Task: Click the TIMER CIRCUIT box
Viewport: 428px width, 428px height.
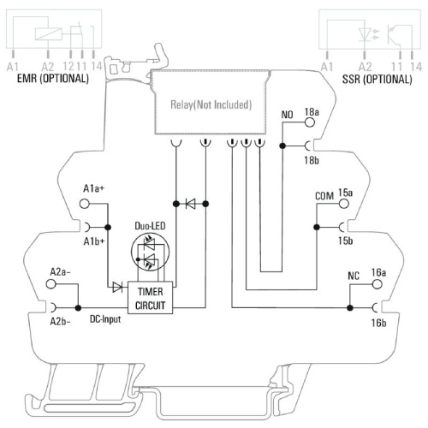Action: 150,298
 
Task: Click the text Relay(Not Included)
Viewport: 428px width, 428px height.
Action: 211,104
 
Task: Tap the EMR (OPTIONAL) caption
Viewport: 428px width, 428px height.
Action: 53,79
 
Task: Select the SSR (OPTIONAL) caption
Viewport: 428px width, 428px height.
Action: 377,79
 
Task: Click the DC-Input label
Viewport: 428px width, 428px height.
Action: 105,319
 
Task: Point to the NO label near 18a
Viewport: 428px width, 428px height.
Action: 287,115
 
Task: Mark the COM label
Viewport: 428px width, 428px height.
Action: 324,196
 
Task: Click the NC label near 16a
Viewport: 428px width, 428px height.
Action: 354,276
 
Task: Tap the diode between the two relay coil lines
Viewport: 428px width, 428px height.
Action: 191,204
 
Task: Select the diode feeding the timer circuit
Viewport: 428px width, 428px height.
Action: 117,287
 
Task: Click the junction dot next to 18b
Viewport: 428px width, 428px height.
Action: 282,146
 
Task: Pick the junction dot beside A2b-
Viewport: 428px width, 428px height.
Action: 78,308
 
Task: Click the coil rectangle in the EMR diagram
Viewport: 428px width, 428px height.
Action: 49,34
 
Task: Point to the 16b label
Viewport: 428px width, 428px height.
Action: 378,323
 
